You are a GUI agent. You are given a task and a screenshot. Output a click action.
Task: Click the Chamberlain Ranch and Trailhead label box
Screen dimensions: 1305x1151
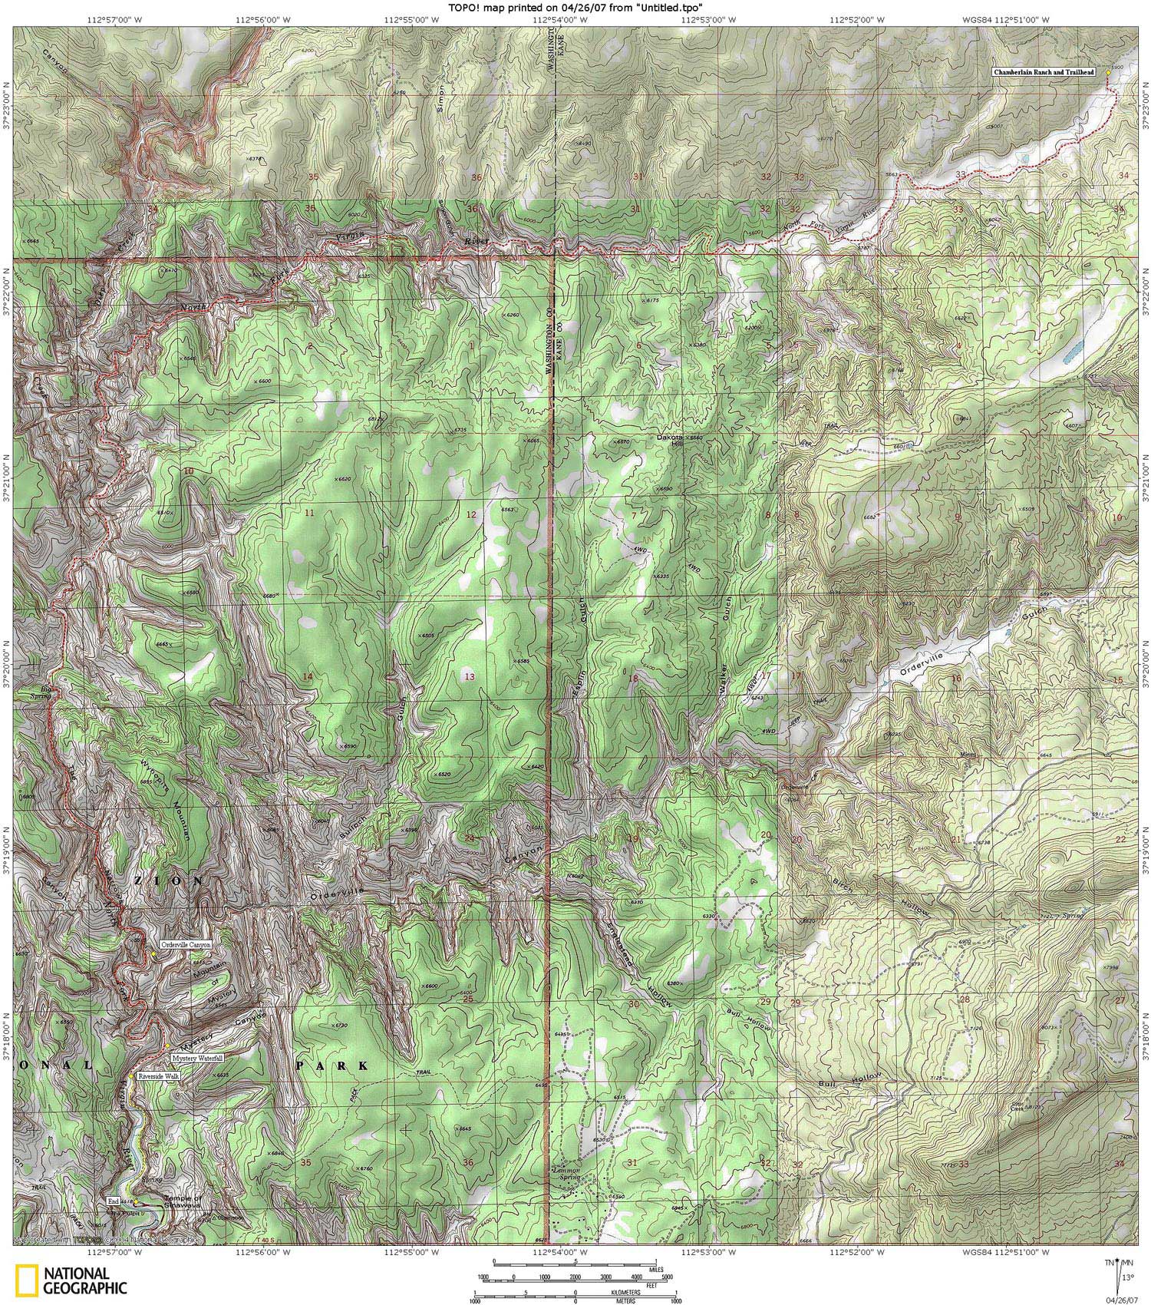point(1047,72)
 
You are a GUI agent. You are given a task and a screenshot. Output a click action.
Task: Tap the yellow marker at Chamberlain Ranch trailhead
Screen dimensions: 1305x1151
point(1108,71)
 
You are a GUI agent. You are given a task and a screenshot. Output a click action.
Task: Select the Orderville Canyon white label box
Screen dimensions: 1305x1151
point(185,945)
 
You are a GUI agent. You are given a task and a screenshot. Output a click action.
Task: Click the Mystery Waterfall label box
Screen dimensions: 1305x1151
point(197,1058)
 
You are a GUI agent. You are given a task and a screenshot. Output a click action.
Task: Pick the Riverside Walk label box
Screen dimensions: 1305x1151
point(159,1076)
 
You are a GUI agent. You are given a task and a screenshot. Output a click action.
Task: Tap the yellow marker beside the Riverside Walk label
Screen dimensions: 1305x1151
point(138,1076)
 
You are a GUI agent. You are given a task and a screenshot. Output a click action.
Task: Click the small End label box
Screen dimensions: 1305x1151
point(114,1201)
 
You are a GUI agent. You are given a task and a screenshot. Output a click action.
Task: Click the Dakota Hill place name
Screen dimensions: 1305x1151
point(671,440)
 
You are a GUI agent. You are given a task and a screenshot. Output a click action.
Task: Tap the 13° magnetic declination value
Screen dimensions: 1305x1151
point(1126,1278)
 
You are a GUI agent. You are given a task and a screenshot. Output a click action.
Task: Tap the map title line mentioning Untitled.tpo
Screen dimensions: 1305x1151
point(575,8)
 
